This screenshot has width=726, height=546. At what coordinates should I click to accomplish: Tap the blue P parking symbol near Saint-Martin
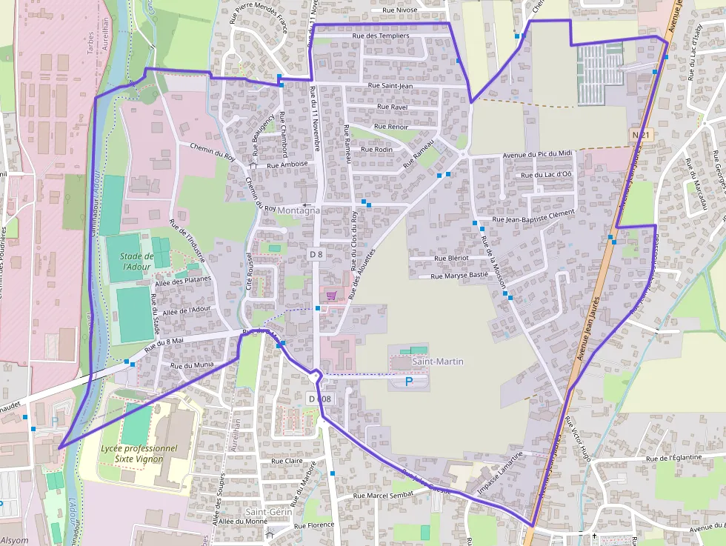pyautogui.click(x=409, y=381)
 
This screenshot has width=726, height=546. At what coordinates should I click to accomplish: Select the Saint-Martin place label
pyautogui.click(x=439, y=362)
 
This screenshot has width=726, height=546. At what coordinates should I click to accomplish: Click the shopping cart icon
pyautogui.click(x=331, y=295)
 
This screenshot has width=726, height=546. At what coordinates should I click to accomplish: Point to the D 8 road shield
pyautogui.click(x=316, y=254)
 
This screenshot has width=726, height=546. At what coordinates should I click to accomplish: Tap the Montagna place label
pyautogui.click(x=299, y=210)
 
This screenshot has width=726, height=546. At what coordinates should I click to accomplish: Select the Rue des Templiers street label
pyautogui.click(x=381, y=36)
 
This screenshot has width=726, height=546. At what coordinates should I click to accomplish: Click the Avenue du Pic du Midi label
pyautogui.click(x=538, y=153)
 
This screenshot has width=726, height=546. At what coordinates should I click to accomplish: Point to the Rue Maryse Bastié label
pyautogui.click(x=459, y=275)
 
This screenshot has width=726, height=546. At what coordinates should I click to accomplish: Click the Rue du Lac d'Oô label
pyautogui.click(x=547, y=175)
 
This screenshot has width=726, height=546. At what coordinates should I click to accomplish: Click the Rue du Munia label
pyautogui.click(x=192, y=365)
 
